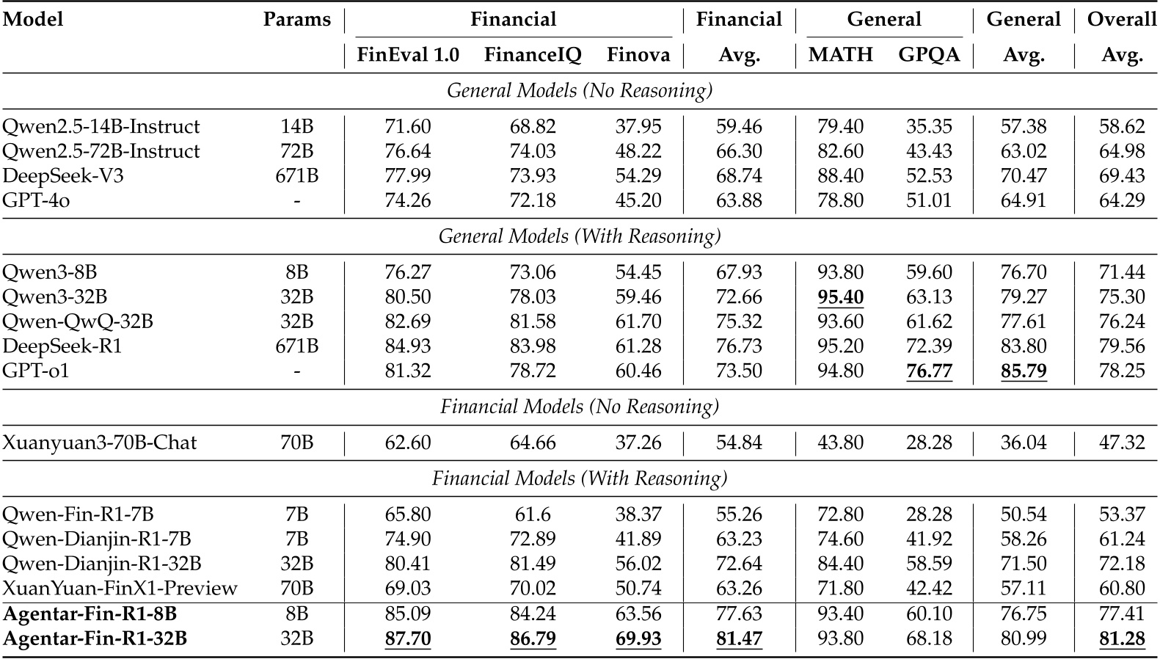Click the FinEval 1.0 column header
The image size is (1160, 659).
pos(408,55)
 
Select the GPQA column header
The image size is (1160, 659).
pos(929,55)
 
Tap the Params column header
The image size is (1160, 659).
pos(296,20)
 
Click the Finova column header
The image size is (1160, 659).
pos(638,55)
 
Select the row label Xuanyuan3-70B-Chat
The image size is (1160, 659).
pos(100,443)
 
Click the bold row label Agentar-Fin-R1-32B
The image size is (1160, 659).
pos(95,639)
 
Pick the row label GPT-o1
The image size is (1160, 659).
pos(36,371)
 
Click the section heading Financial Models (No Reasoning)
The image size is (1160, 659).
pos(580,407)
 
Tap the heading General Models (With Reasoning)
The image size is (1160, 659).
pos(580,236)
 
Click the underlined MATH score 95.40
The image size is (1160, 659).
pos(840,297)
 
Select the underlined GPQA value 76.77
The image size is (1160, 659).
pos(929,371)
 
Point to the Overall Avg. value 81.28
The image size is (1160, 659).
pos(1121,639)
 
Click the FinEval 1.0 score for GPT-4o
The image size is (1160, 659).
pos(408,200)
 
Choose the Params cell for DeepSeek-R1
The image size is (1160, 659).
pos(296,346)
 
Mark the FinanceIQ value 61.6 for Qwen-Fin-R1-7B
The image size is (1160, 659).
pos(533,515)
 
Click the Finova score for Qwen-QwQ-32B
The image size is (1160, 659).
pos(638,321)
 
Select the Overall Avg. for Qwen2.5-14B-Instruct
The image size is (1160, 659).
pos(1121,126)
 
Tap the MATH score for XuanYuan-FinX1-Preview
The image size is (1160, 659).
pos(840,589)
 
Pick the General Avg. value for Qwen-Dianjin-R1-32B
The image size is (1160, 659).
pos(1023,564)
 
